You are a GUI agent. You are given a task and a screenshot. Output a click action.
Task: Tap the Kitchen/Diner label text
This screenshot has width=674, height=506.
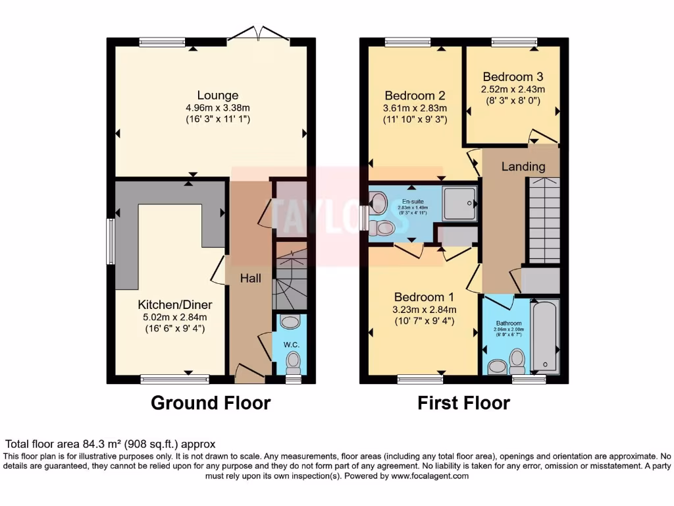coord(174,305)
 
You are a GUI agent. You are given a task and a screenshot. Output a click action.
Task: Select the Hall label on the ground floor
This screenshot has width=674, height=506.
coord(249,279)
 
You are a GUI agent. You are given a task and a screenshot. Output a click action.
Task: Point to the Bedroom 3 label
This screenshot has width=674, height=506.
coord(513,76)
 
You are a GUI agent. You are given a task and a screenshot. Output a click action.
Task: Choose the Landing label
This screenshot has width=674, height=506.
coord(523,167)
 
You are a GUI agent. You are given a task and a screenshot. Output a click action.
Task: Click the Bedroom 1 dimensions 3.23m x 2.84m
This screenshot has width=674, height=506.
coord(425,310)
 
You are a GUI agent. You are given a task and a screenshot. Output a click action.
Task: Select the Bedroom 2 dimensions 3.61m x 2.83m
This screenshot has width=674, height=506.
coord(415,109)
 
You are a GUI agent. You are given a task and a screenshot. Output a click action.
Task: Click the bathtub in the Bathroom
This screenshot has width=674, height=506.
coord(544,336)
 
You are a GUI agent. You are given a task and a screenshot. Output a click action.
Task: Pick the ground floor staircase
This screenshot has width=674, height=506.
coord(290,277)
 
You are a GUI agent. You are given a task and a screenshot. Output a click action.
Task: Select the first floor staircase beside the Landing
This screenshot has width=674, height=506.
coord(544,221)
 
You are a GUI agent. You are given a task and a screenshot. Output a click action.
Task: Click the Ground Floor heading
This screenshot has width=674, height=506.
coord(211,403)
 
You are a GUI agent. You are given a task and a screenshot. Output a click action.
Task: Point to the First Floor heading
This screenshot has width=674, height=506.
coord(463,403)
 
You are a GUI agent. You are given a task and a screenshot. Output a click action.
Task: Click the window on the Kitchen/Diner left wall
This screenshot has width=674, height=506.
coord(111,241)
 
